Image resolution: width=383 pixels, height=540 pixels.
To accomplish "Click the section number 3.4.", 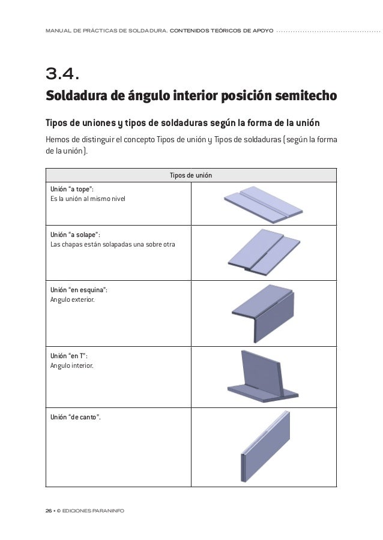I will (x=62, y=74).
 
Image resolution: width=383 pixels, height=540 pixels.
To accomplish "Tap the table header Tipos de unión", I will (x=191, y=175).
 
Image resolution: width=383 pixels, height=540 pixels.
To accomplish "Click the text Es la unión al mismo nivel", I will (x=88, y=199).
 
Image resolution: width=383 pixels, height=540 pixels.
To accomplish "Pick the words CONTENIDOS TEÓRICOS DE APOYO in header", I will (x=222, y=29).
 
